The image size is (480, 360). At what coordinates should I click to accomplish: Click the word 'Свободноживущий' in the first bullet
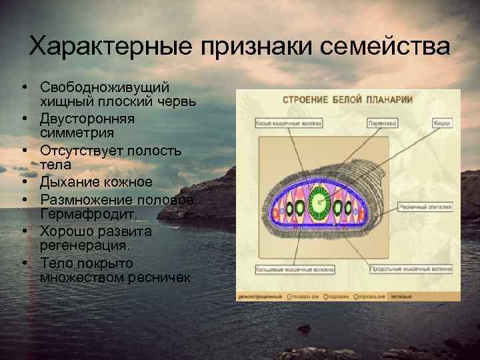[x=105, y=88]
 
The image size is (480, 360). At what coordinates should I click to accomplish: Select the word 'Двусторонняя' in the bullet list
[x=87, y=119]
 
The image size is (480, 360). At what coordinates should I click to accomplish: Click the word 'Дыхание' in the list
[x=68, y=181]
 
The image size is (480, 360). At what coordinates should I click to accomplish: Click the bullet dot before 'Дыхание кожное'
[x=23, y=181]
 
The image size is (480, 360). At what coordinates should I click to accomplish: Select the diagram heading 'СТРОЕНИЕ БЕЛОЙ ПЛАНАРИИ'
[x=347, y=100]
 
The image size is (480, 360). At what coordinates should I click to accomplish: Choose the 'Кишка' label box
[x=441, y=123]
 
